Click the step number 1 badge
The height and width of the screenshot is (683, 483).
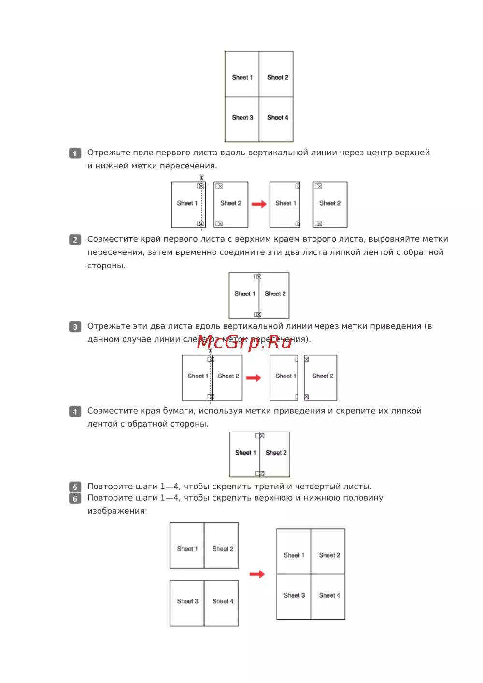pos(75,153)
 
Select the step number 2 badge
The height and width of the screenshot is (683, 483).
pos(75,240)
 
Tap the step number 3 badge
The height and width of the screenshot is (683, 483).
pos(75,327)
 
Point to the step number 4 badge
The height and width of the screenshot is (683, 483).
pos(75,412)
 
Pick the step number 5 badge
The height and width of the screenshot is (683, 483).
pos(75,487)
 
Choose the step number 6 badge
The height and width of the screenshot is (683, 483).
pos(75,498)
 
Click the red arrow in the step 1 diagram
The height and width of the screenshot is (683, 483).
pos(259,204)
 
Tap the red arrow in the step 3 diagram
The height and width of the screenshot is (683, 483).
pos(254,378)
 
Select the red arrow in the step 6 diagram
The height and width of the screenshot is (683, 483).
pos(257,574)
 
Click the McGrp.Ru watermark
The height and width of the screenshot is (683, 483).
pos(244,342)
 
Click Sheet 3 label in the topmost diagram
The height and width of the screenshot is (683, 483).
pos(242,118)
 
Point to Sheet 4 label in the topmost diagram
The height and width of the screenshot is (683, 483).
pos(278,118)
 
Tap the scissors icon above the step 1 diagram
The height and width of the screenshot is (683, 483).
pos(201,178)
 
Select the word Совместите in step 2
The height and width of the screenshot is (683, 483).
pos(110,239)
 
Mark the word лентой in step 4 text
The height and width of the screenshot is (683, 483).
pos(102,424)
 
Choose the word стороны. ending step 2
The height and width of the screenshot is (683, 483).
pos(106,266)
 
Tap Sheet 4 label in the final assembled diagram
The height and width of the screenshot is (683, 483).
pos(329,596)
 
